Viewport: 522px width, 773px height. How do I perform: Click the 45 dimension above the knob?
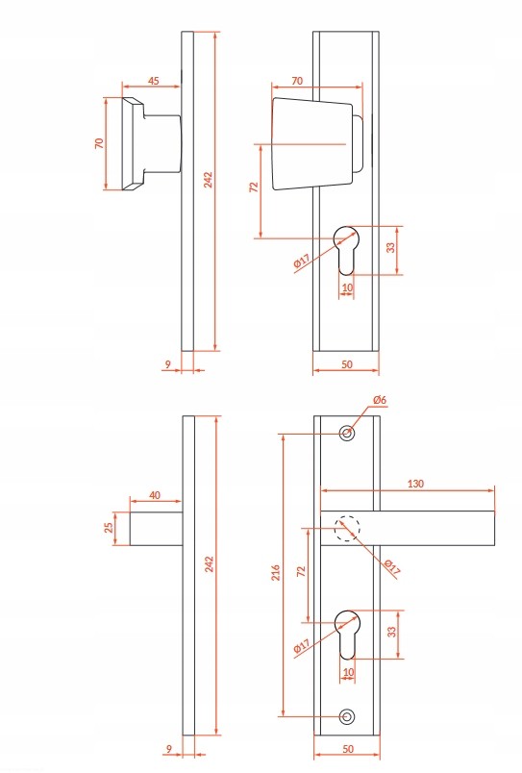(154, 81)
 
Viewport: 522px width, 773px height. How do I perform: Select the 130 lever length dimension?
(415, 484)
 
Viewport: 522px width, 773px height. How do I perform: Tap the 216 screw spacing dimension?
(276, 572)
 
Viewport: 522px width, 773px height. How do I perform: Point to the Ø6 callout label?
(380, 400)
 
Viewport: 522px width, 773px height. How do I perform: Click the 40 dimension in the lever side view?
(155, 495)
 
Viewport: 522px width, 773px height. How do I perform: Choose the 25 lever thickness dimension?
(109, 528)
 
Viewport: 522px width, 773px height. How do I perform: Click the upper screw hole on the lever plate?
(347, 434)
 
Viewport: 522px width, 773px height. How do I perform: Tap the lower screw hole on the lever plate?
(347, 716)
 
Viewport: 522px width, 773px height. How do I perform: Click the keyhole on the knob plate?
(346, 250)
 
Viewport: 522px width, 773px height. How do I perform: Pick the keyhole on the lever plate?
(347, 635)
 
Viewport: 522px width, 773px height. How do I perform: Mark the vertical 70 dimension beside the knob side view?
(100, 143)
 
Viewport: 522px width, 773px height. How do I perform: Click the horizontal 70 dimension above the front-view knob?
(297, 81)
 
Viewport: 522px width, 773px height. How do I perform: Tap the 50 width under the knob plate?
(347, 364)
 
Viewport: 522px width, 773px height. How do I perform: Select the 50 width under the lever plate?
(348, 749)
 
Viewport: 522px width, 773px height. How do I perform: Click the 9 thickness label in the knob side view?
(168, 364)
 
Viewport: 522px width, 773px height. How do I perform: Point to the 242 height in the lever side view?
(210, 564)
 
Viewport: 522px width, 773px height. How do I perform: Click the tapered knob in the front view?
(312, 143)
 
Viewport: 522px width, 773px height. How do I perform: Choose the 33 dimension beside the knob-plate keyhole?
(391, 247)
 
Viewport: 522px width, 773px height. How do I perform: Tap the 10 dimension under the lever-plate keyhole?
(347, 672)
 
